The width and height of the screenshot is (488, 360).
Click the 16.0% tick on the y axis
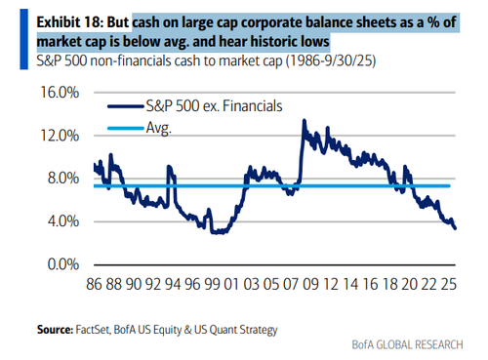click(60, 93)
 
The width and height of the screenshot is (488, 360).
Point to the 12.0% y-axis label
click(60, 136)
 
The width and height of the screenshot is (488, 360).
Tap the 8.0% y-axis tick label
click(63, 179)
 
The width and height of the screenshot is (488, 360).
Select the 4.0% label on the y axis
click(63, 221)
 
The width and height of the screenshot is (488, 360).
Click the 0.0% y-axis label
click(63, 264)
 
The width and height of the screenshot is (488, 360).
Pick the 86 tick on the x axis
click(94, 284)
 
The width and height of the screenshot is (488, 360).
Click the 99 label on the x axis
click(212, 284)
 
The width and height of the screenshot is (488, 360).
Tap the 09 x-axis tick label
click(310, 284)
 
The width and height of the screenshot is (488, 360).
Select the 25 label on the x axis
click(449, 284)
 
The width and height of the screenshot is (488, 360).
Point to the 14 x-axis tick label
click(350, 284)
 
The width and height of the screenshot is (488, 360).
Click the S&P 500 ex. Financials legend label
click(214, 106)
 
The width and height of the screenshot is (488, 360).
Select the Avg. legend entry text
click(158, 128)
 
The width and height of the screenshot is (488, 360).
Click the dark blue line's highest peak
click(305, 120)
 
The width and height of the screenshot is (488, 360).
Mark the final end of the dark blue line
click(455, 228)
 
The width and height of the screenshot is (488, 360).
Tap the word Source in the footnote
click(55, 330)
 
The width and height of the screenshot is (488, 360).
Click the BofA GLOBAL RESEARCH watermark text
click(407, 344)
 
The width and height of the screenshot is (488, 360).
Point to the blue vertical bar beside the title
click(24, 39)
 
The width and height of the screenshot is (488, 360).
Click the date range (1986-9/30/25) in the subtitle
click(331, 60)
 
